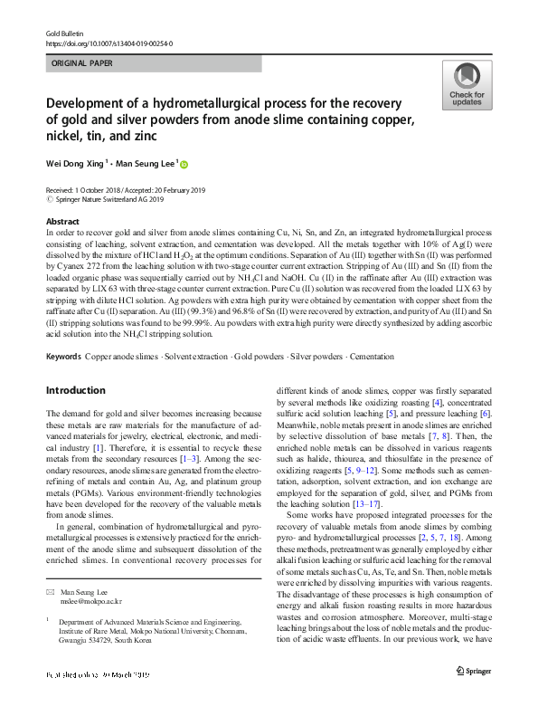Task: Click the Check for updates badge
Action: point(466,86)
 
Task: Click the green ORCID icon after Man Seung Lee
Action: point(185,165)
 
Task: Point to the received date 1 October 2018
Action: point(90,189)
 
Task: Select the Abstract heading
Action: point(62,221)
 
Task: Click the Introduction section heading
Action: point(76,390)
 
